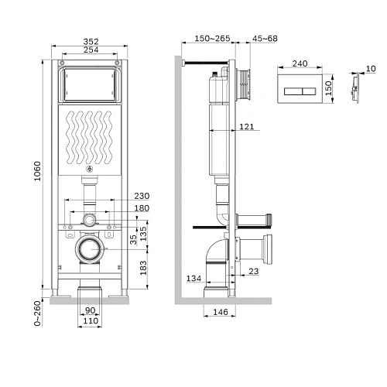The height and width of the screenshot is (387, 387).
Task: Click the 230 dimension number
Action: pyautogui.click(x=141, y=197)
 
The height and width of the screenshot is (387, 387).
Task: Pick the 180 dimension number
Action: pyautogui.click(x=141, y=208)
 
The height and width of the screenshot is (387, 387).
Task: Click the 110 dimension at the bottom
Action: pyautogui.click(x=91, y=320)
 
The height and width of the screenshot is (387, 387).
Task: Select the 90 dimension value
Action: pyautogui.click(x=91, y=310)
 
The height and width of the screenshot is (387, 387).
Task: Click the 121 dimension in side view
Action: pyautogui.click(x=246, y=126)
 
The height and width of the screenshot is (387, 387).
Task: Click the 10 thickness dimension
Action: pyautogui.click(x=370, y=68)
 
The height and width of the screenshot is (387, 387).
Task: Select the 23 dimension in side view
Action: pyautogui.click(x=254, y=271)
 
